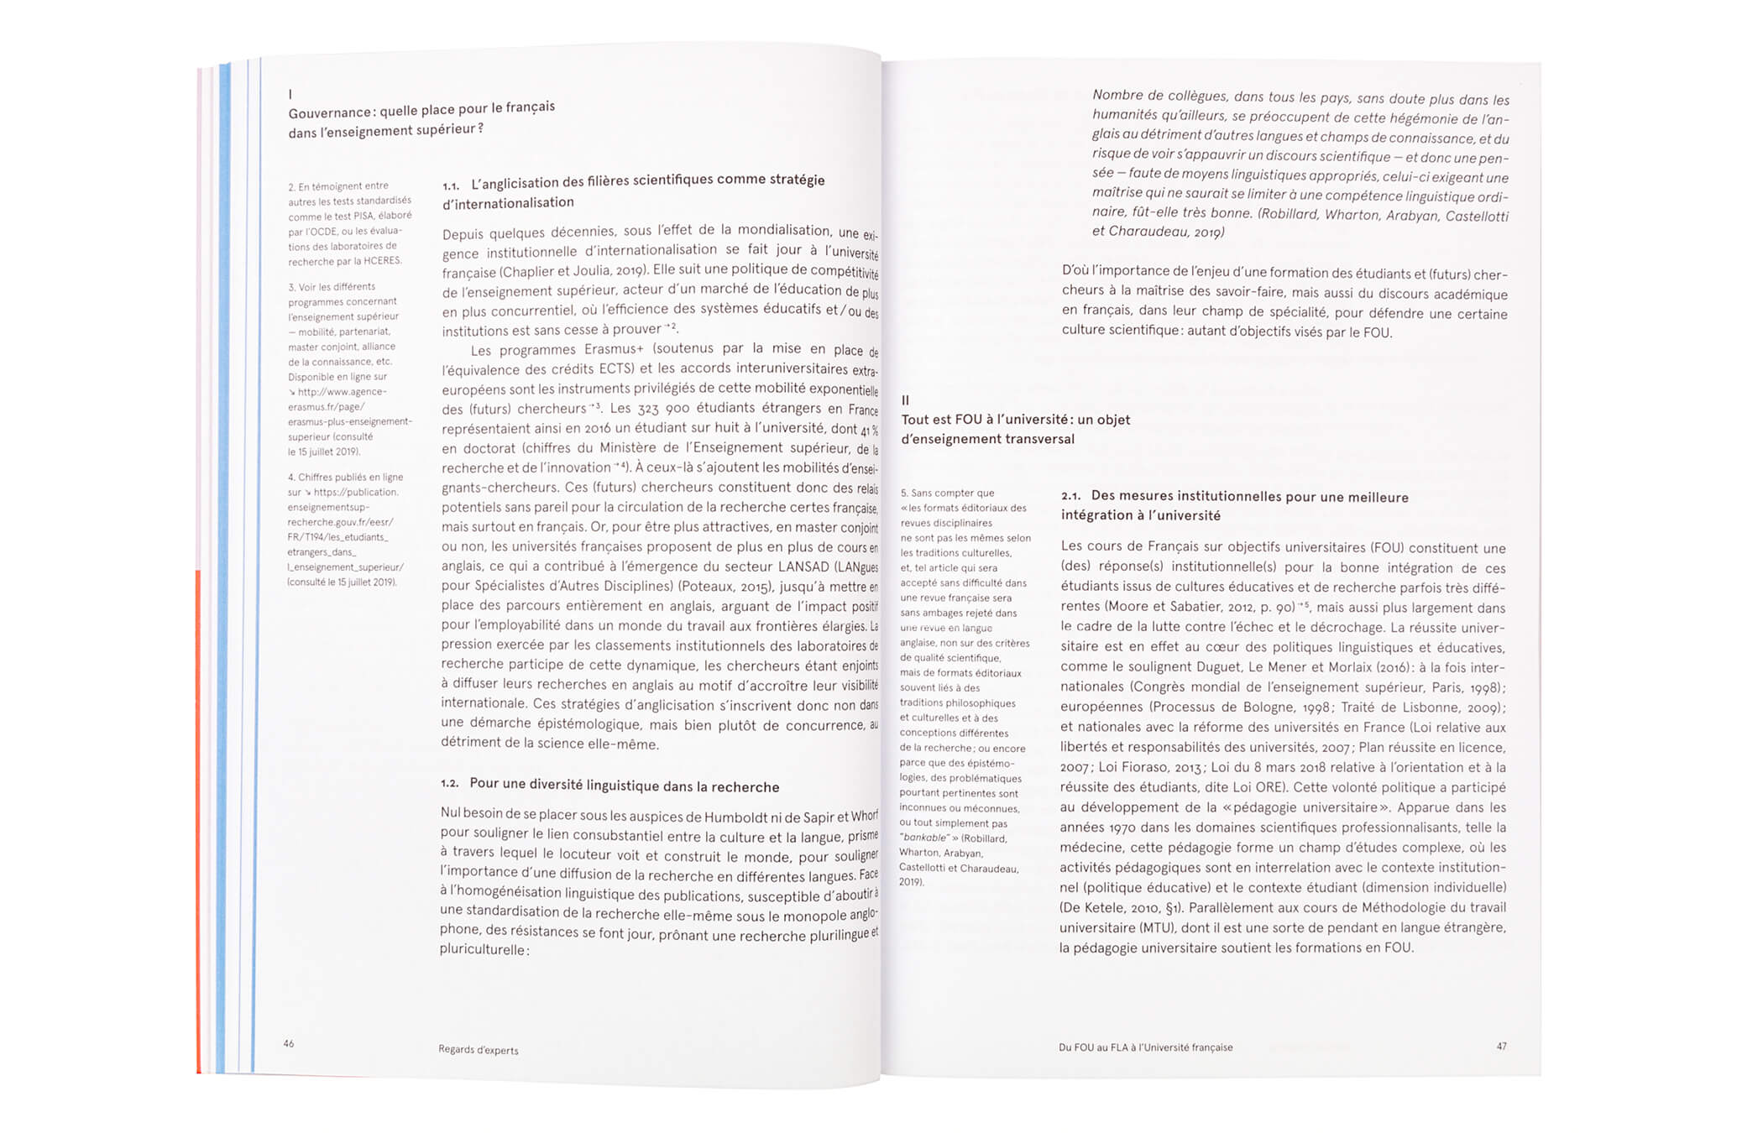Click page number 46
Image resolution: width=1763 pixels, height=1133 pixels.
(x=289, y=1043)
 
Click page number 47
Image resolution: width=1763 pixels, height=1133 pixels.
(x=1501, y=1046)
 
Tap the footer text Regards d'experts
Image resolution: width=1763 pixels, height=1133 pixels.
(x=478, y=1049)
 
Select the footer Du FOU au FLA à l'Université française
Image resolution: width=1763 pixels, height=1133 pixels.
(x=1145, y=1047)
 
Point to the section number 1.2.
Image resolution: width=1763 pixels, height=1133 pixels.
(x=450, y=783)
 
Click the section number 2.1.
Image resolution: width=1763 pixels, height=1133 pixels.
(x=1070, y=496)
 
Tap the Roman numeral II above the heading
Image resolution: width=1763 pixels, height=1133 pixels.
(x=905, y=400)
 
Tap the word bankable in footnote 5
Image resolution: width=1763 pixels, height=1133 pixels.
(x=923, y=838)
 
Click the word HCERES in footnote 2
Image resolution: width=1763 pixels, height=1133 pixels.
(x=383, y=261)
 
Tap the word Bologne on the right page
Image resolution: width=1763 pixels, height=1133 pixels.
(x=1290, y=707)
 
